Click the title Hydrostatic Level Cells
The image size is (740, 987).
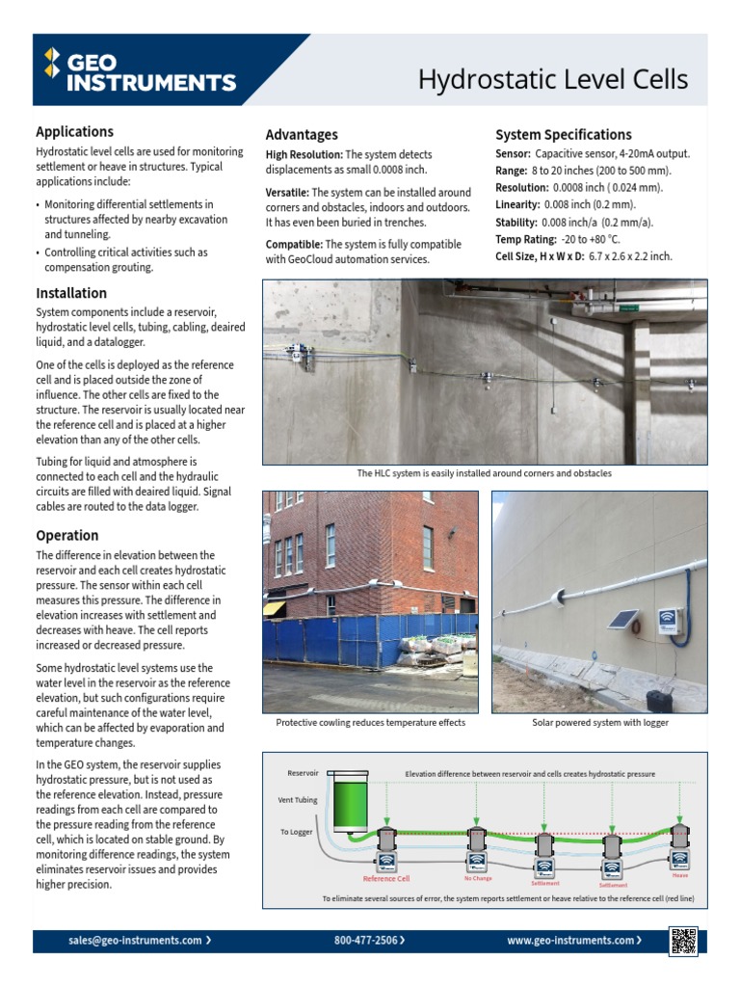pos(552,80)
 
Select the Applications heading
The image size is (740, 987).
pos(74,132)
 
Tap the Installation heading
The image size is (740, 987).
pos(71,293)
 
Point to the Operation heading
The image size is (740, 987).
pos(67,535)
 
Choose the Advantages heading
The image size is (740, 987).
pos(302,135)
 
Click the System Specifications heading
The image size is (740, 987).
pos(563,135)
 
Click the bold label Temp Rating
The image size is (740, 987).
pos(526,239)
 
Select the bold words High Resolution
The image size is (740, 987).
pos(304,154)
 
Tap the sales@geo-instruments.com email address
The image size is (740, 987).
pos(135,940)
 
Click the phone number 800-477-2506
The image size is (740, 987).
pos(366,940)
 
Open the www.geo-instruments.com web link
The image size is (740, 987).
pos(571,940)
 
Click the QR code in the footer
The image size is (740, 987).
pos(683,941)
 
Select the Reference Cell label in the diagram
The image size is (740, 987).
pos(385,879)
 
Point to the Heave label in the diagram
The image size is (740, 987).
pos(680,875)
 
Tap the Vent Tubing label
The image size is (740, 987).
pos(298,800)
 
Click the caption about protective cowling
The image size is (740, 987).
pos(370,723)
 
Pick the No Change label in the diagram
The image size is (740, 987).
pos(477,878)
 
